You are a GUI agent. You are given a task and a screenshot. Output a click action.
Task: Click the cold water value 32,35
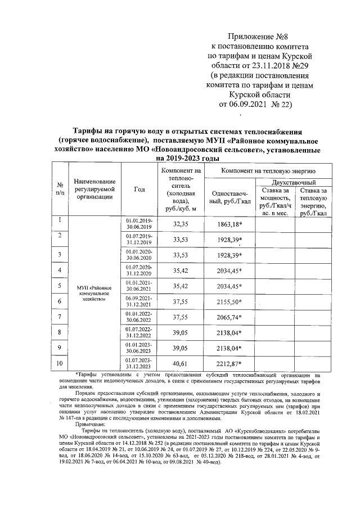[180, 224]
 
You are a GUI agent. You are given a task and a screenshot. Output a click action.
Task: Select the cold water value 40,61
[180, 364]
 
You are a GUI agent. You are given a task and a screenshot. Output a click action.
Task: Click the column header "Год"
[139, 190]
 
